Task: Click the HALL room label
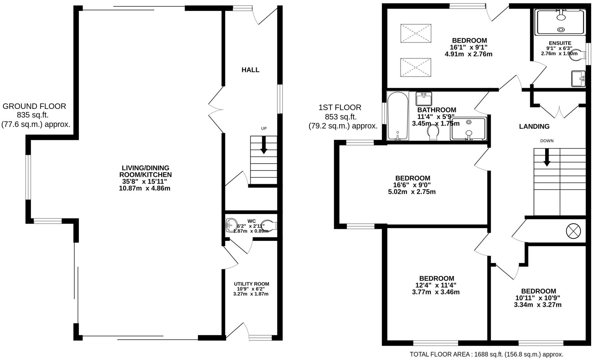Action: tap(250, 70)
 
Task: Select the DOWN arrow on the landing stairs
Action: tap(547, 157)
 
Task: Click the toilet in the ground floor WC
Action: tap(270, 225)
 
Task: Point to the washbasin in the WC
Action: tap(231, 225)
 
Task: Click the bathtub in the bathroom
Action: tap(398, 116)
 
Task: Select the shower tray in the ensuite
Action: tap(560, 22)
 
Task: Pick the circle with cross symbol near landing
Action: tap(573, 231)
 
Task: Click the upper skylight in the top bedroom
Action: tap(416, 33)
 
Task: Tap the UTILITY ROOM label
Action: tap(252, 284)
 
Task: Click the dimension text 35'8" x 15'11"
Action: tap(144, 182)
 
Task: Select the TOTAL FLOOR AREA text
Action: tap(487, 354)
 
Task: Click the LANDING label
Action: tap(534, 126)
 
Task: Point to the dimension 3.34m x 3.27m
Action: tap(538, 305)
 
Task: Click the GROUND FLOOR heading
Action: tap(35, 106)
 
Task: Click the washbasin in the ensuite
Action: tap(578, 79)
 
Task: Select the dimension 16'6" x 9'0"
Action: tap(412, 185)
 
